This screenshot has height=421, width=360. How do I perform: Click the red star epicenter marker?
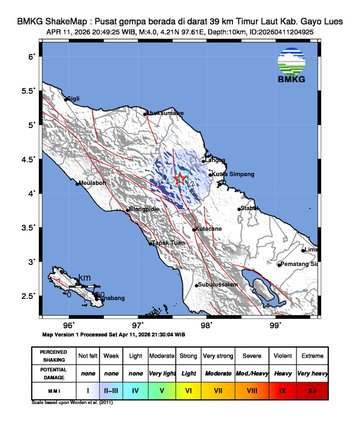click(x=180, y=179)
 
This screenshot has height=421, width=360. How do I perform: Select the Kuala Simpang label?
click(x=231, y=173)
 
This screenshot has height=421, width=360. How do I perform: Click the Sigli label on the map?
click(x=73, y=98)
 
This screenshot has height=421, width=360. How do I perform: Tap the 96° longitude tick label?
click(x=69, y=325)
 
